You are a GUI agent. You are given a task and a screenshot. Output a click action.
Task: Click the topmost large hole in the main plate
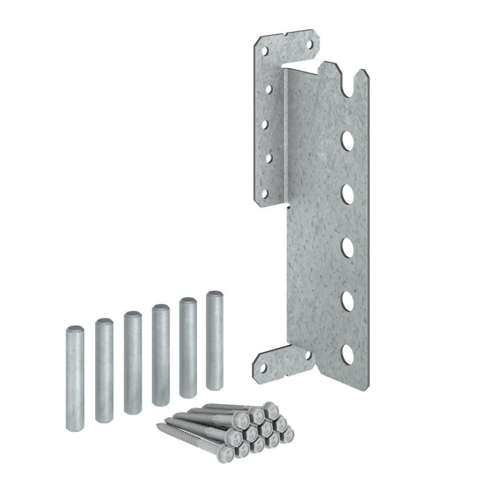(347, 142)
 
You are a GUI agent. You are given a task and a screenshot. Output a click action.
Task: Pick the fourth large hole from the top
(347, 301)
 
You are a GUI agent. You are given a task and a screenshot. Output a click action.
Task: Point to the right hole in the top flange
(310, 47)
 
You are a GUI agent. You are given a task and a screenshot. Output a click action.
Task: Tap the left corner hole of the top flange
(265, 50)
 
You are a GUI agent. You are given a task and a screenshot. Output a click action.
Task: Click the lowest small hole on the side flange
(264, 194)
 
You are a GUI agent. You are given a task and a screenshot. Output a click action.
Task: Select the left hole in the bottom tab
(264, 368)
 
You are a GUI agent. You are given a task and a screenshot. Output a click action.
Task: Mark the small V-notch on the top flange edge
(285, 36)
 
